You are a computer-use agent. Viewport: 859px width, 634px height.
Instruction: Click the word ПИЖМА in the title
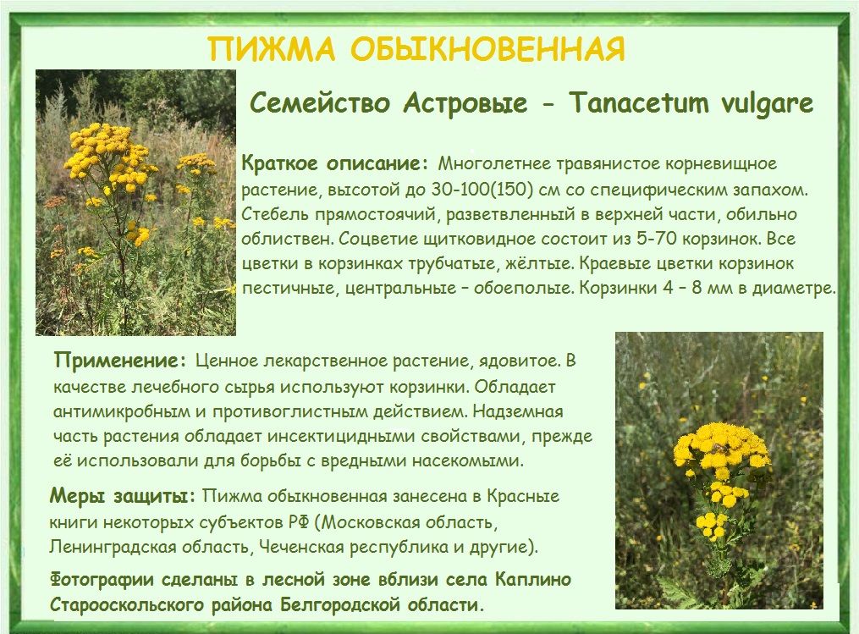[271, 49]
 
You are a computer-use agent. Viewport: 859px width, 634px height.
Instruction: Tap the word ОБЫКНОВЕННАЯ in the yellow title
[487, 49]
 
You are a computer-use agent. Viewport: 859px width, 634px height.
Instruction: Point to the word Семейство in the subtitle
[321, 103]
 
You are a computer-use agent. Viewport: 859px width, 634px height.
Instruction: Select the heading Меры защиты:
[123, 497]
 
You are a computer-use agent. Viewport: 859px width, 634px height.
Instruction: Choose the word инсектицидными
[342, 437]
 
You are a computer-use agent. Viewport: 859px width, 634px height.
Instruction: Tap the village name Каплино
[533, 580]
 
